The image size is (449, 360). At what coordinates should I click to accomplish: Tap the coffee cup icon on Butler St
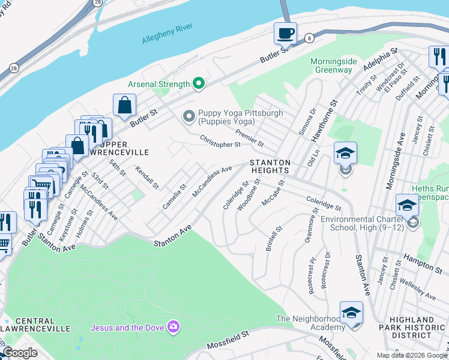point(285,33)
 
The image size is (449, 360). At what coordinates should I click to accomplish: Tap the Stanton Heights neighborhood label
point(270,167)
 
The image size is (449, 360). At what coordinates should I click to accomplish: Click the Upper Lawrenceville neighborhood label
point(119,149)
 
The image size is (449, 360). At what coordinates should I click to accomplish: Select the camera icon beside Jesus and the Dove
point(173,327)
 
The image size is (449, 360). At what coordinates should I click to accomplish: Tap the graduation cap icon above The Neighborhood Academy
point(351,312)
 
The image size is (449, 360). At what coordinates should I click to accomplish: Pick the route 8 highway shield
point(309,37)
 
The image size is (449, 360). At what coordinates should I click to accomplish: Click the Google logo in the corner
point(19,353)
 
